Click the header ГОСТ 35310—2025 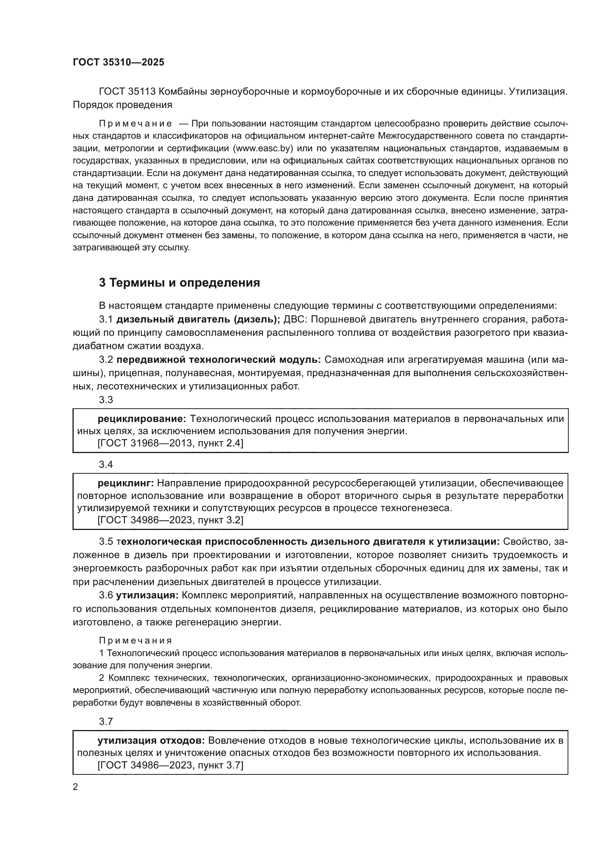click(118, 62)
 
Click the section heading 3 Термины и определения click(179, 283)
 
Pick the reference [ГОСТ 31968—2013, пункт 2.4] click(170, 443)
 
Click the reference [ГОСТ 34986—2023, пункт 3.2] click(170, 520)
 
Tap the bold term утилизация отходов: click(151, 741)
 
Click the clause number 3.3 click(106, 400)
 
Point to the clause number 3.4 click(106, 464)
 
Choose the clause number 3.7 click(106, 722)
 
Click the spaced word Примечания click(135, 641)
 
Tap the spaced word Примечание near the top click(135, 124)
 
